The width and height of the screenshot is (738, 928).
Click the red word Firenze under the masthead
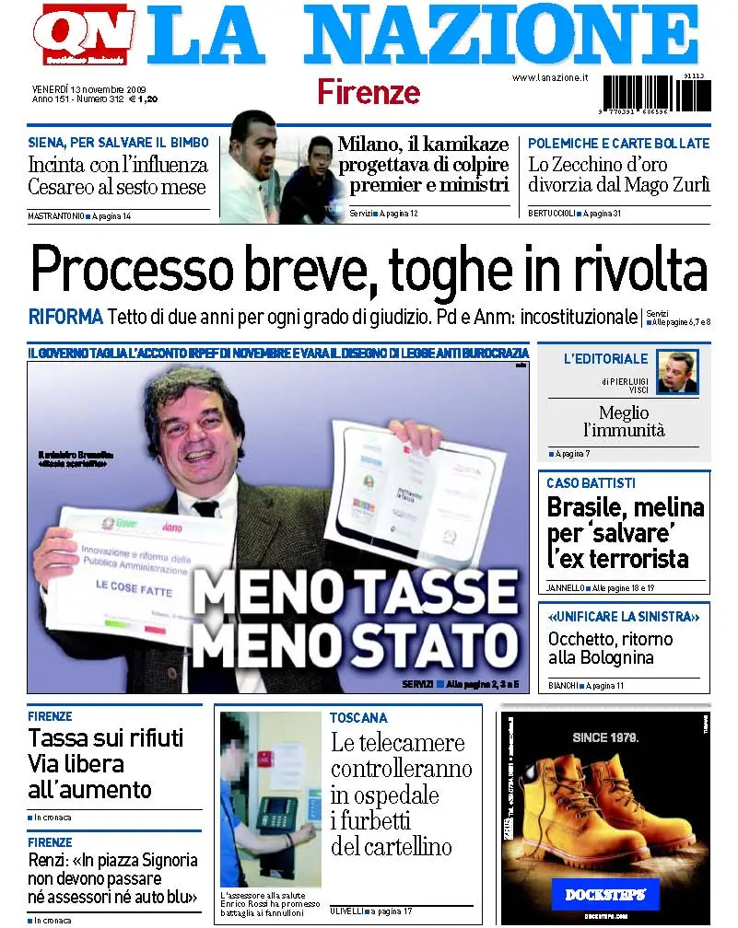[x=369, y=92]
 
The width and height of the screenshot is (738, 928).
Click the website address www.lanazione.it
[x=550, y=78]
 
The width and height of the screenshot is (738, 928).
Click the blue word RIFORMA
[x=65, y=317]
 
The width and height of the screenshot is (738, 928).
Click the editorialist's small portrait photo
[x=677, y=372]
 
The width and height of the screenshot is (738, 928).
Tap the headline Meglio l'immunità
[x=624, y=422]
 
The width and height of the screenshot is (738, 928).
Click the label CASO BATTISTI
[x=591, y=483]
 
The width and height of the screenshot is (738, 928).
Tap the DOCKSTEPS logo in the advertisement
[x=605, y=894]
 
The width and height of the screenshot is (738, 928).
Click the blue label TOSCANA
[x=359, y=717]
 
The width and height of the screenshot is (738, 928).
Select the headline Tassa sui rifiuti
[x=106, y=738]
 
